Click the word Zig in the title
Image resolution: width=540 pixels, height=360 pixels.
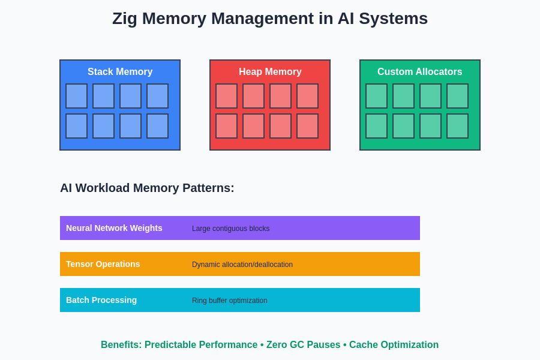pos(125,19)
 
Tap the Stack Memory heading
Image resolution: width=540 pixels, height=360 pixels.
pos(120,72)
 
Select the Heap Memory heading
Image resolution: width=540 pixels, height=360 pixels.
pos(270,72)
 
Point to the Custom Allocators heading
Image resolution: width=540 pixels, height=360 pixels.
pos(420,72)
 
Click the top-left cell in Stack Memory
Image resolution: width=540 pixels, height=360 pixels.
pos(76,96)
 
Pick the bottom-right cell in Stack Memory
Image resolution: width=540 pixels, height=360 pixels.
pos(157,126)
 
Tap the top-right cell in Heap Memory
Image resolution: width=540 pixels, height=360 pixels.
pos(307,96)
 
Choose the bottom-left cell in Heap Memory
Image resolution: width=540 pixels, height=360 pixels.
pos(226,126)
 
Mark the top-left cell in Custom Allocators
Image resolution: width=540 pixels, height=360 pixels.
pos(376,96)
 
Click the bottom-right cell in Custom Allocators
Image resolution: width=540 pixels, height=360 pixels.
pos(457,126)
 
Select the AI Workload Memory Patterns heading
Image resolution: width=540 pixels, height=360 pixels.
pos(147,188)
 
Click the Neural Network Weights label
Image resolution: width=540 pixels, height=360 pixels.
pos(114,228)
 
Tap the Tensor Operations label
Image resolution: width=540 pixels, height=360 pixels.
pos(103,264)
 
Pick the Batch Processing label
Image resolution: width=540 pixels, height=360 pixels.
pos(101,300)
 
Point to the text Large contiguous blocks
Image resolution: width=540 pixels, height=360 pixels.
pos(230,229)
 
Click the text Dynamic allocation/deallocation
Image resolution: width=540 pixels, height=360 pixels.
pos(242,265)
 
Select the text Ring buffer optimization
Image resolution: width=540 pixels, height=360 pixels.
pos(230,301)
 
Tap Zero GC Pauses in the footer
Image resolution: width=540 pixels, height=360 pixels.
pos(303,345)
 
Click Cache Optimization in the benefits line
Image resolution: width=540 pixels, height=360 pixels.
pos(394,345)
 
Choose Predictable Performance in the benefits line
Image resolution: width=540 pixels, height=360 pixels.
pos(201,345)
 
